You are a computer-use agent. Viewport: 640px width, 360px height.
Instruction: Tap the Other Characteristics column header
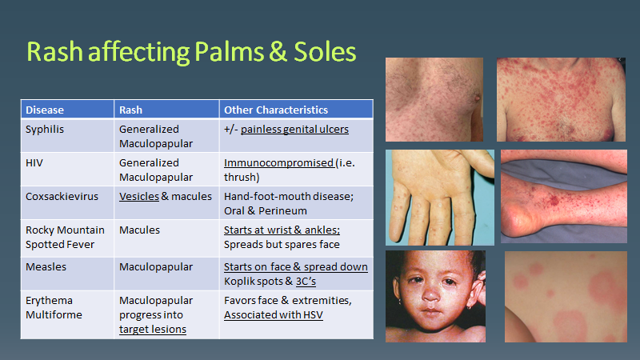tap(275, 110)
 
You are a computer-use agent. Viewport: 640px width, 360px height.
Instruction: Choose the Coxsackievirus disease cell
tap(62, 196)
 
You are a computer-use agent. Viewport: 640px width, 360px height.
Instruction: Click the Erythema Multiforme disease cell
tap(51, 307)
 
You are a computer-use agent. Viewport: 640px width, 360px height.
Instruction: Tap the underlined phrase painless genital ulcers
tap(294, 129)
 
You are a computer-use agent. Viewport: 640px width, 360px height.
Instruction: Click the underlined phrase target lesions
tap(153, 329)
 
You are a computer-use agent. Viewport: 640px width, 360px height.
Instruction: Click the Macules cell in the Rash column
tap(140, 230)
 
